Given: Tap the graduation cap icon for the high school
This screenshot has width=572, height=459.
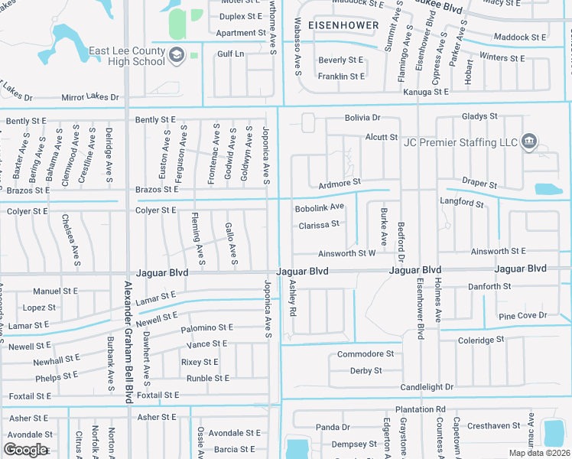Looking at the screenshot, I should coord(177,54).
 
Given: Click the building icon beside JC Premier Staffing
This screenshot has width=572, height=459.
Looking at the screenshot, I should coord(528,142).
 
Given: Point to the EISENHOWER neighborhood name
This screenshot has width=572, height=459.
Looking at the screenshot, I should coord(343,25).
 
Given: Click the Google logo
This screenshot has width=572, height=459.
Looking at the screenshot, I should coord(25,449).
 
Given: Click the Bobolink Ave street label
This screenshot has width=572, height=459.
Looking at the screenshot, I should coord(320,207).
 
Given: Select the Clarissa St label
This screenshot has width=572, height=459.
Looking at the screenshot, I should coord(318,225).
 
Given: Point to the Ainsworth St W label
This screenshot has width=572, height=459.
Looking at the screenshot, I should coord(347,252).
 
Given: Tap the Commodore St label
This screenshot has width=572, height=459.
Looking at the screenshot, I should coord(366,354).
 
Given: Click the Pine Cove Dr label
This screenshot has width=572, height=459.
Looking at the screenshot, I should coord(523,315).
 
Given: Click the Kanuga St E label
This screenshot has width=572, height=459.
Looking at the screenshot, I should coord(426,92).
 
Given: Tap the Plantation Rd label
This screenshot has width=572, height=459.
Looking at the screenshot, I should coord(421,410).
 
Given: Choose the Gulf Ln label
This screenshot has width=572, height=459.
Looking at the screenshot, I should coord(230,54).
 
